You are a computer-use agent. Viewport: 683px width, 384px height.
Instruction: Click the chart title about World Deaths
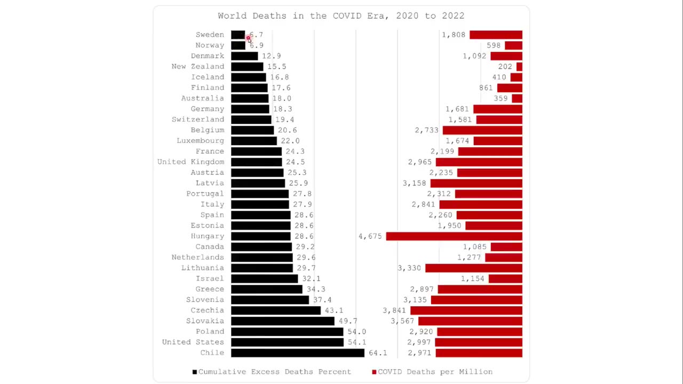pos(341,16)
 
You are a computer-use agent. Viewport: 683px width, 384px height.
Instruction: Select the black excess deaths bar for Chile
pos(297,353)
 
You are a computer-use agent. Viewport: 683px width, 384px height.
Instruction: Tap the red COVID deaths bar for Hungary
pos(454,236)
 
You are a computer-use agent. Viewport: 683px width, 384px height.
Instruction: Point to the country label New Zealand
pos(197,67)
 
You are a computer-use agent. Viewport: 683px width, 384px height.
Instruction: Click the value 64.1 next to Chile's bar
pos(378,353)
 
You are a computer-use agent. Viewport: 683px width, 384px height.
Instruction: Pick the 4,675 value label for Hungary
pos(370,236)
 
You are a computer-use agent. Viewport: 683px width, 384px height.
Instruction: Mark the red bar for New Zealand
pos(519,67)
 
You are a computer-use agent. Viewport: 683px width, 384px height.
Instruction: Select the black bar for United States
pos(287,342)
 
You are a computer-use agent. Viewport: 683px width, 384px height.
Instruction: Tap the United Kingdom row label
pos(190,162)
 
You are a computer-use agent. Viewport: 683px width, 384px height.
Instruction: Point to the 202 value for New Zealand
pos(505,67)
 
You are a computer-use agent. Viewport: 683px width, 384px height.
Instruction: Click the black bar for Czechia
pos(276,310)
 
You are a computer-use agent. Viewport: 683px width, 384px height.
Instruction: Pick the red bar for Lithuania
pos(473,268)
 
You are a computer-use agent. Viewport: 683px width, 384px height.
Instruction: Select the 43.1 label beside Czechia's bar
pos(334,310)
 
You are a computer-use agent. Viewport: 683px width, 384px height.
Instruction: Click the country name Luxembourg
pos(200,141)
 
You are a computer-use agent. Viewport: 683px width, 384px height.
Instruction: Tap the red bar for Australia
pos(517,99)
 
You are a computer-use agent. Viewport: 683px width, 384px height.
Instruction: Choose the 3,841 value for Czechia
pos(394,310)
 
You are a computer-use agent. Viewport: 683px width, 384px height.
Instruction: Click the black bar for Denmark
pos(244,56)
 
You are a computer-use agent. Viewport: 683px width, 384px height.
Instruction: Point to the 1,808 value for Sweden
pos(454,35)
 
